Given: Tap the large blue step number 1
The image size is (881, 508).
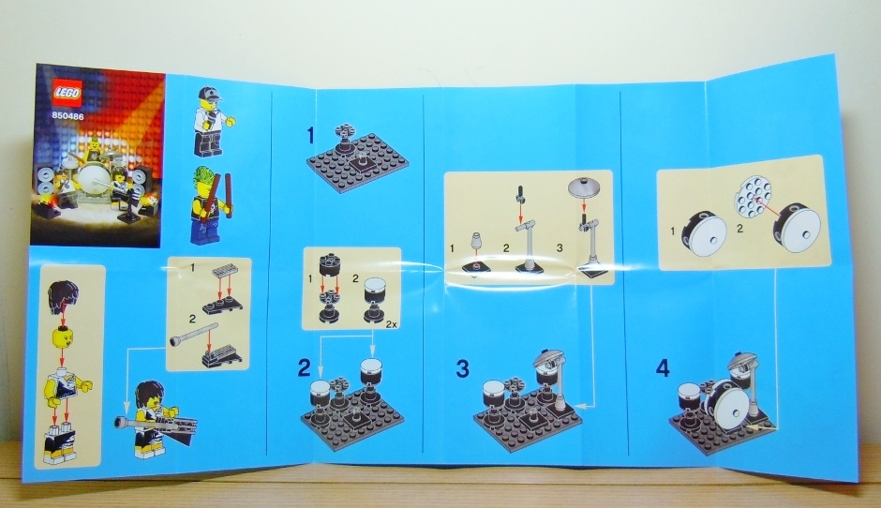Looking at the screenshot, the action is pos(312,135).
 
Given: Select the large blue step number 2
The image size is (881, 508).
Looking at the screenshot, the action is pos(304,367).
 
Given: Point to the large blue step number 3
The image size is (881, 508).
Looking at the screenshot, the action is pos(462,368).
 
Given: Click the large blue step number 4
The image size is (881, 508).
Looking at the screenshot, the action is pos(663,368).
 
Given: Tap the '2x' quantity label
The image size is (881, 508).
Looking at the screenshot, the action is pos(391,324).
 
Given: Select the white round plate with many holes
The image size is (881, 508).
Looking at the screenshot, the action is pos(753,199).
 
